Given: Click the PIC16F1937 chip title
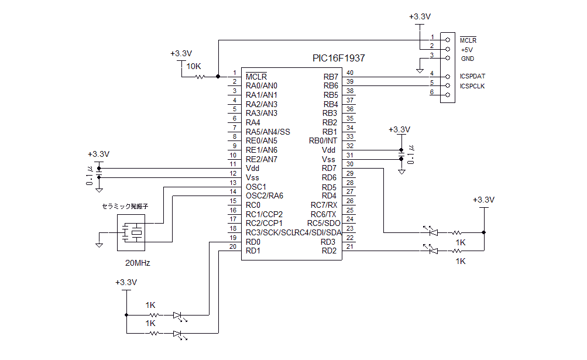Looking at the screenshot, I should pos(339,59).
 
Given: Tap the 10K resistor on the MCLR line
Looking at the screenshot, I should pos(200,76).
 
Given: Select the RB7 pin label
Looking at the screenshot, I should pos(331,77).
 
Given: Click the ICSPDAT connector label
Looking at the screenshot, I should pos(472,76).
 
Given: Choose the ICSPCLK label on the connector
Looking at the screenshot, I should pos(472,86).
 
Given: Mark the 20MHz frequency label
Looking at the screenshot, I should pos(138,263).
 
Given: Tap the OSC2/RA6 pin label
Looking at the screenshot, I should pos(265,196).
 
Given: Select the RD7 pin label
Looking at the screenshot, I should pos(329,169).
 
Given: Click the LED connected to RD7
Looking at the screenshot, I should pos(432,232).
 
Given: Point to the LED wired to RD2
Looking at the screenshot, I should pos(432,251).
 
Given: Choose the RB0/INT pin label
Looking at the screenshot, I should pos(322,140).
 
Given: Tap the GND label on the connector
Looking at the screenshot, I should pos(468,59).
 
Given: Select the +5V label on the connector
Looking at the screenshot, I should pos(467,50).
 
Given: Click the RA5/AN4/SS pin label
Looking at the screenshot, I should pos(268,132).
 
